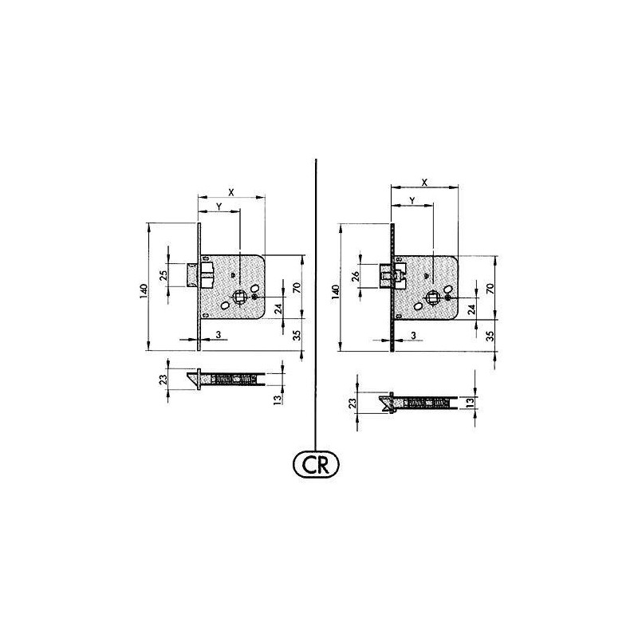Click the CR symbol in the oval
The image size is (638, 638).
(x=317, y=463)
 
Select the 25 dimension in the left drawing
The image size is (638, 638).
(x=163, y=275)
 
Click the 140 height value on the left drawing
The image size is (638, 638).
(x=142, y=290)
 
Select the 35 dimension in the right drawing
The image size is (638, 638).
(x=490, y=336)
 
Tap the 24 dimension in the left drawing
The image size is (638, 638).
(x=278, y=309)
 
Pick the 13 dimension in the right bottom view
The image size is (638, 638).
(x=471, y=402)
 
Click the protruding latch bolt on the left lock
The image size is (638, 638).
(x=192, y=273)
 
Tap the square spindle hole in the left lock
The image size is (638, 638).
(x=239, y=297)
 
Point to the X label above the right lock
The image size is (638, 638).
(x=424, y=183)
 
